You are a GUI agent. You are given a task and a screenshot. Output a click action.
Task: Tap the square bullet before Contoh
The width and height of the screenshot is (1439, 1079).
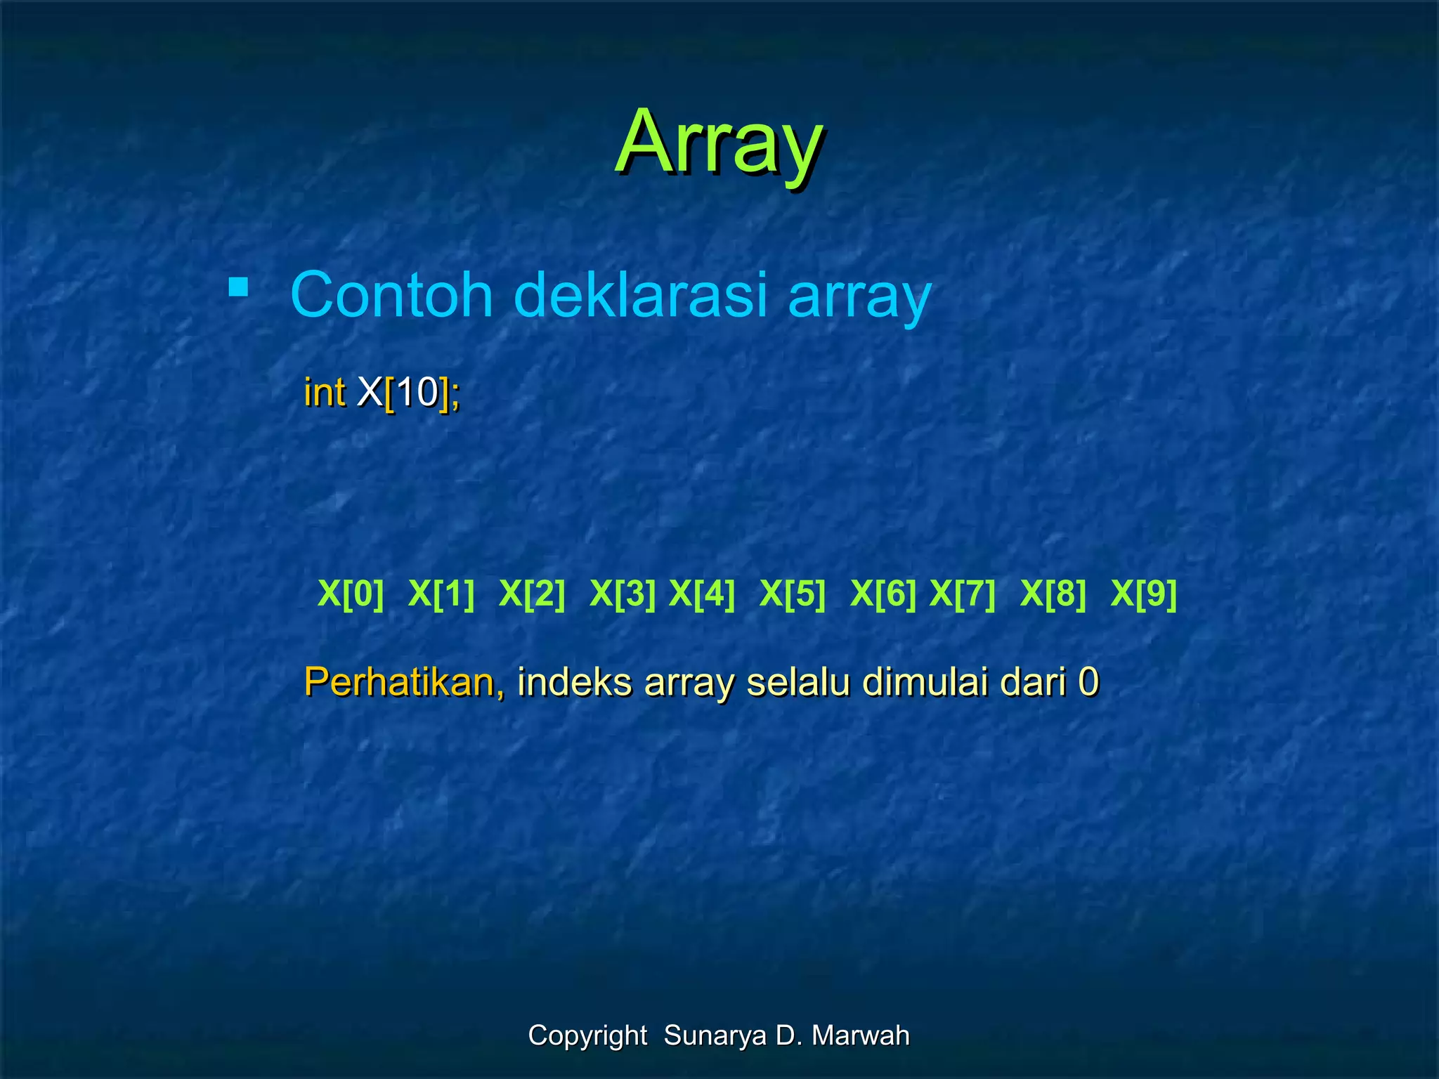point(238,288)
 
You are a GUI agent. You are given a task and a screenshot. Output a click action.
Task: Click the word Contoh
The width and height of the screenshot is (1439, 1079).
point(391,295)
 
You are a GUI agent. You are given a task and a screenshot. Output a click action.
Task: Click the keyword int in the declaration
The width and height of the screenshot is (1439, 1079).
point(324,392)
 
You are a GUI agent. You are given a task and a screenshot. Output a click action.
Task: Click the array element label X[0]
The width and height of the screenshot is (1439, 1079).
point(351,594)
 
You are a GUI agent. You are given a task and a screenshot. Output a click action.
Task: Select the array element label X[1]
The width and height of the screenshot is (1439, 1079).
point(441,594)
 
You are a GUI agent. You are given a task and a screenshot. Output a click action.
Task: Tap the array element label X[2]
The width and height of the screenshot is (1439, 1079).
point(532,594)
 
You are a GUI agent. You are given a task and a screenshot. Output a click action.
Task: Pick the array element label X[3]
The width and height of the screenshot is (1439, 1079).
point(623,594)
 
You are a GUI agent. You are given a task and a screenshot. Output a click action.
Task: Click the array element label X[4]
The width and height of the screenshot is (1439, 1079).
point(702,594)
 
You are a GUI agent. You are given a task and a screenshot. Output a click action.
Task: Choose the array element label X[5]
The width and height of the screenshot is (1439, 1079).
point(793,594)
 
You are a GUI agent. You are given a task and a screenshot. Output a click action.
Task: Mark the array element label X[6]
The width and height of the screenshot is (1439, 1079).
point(883,594)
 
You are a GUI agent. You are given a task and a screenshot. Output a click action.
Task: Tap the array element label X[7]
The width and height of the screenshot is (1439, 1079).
point(963,594)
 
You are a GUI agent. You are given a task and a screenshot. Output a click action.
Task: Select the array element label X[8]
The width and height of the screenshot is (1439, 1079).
point(1053,594)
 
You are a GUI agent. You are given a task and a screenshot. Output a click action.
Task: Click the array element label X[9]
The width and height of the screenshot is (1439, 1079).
point(1144,594)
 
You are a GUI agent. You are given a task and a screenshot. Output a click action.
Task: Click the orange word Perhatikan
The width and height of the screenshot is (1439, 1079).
point(403,681)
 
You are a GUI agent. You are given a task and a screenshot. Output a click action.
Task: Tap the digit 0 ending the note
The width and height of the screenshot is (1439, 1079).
point(1088,681)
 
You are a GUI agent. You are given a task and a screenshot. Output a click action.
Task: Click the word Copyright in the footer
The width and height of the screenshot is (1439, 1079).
point(587,1035)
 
